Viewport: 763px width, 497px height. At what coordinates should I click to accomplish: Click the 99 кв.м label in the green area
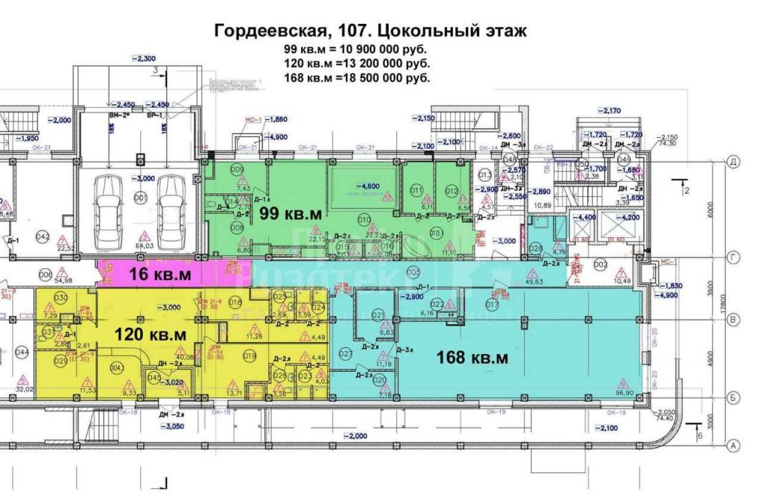[x=291, y=213]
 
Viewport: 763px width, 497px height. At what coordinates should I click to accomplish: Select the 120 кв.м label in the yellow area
[x=147, y=333]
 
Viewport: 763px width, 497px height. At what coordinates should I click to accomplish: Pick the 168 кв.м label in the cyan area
[x=472, y=358]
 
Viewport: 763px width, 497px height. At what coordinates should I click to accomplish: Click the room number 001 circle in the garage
[x=139, y=197]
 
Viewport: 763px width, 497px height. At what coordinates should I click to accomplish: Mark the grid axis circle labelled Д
[x=733, y=161]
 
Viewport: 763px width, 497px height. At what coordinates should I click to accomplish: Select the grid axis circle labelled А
[x=733, y=446]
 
